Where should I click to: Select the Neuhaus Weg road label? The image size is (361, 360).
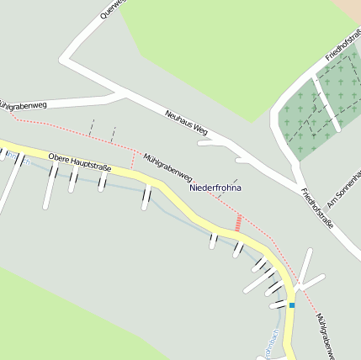[x=186, y=123]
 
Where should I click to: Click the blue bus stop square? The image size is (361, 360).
[x=292, y=305]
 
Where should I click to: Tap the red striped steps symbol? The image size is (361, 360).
[x=238, y=223]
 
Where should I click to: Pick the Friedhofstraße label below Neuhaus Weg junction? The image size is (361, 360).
[x=317, y=208]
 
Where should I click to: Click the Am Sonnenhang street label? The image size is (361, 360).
[x=344, y=189]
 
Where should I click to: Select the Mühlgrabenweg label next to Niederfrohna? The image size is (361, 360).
[x=167, y=168]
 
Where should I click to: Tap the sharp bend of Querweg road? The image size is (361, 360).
[x=64, y=59]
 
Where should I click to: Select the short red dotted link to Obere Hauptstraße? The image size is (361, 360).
[x=132, y=159]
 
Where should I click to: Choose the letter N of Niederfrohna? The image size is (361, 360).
[x=193, y=188]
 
